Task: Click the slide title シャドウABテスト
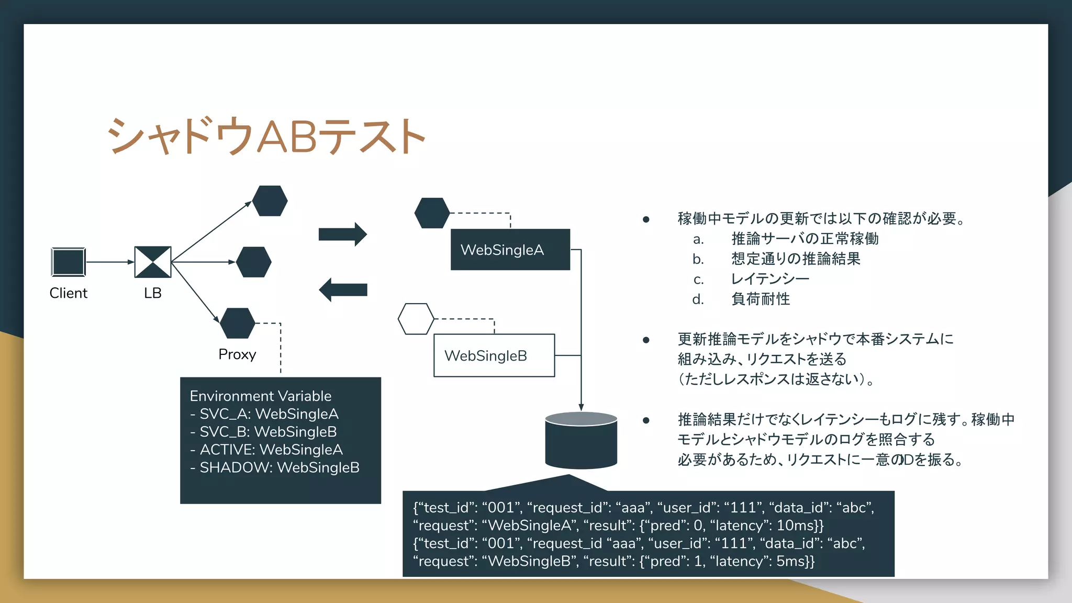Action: coord(266,136)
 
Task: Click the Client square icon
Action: coord(69,262)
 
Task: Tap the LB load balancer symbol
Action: coord(153,262)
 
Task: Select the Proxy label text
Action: coord(237,354)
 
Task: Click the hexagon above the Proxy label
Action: coord(237,323)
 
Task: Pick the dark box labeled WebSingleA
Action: coord(510,250)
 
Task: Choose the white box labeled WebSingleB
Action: coord(494,355)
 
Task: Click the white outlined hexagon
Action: coord(416,319)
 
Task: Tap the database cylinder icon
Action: coord(581,441)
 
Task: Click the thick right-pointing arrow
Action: coord(343,234)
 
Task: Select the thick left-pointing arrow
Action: coord(343,289)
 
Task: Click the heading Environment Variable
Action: coord(260,396)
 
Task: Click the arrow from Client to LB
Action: coord(109,262)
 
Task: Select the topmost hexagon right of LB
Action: coord(270,200)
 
